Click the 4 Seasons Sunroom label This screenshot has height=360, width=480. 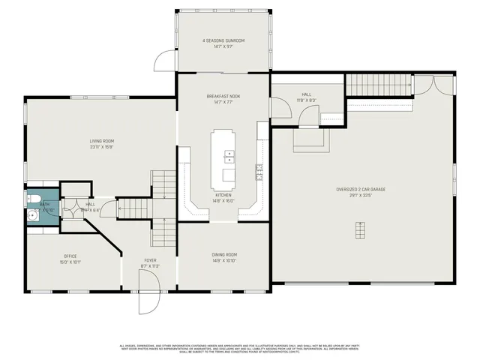[223, 40]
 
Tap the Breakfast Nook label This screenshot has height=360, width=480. [223, 96]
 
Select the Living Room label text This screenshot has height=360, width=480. [102, 140]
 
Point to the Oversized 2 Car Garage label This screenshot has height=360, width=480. [361, 189]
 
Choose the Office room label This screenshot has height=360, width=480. [70, 256]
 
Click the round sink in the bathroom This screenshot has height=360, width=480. [34, 216]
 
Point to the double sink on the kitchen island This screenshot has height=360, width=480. [229, 157]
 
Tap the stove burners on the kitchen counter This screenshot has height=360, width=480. [259, 172]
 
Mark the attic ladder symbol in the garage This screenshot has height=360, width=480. [360, 230]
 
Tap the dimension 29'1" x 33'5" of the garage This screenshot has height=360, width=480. [361, 195]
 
